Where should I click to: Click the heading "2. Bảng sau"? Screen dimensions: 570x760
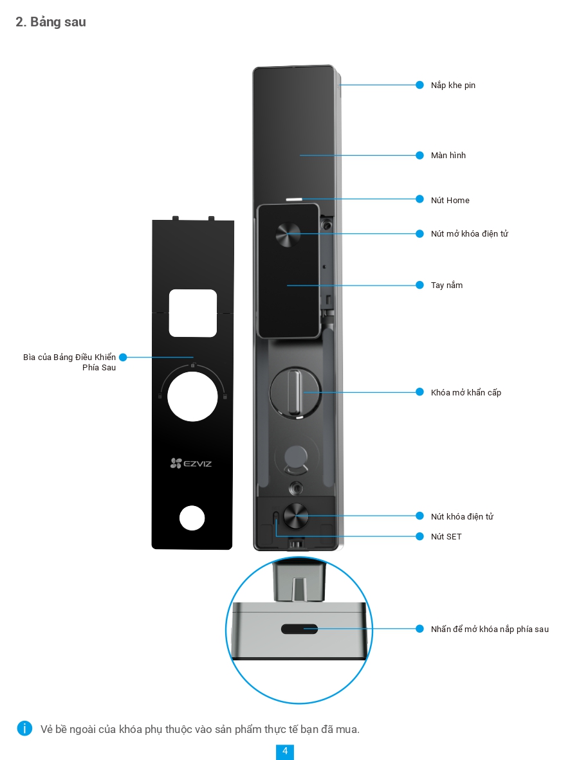(51, 22)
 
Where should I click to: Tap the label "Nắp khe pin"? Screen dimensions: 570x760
(453, 85)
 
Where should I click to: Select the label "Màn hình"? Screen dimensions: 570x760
(448, 155)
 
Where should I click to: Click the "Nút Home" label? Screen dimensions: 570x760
(450, 200)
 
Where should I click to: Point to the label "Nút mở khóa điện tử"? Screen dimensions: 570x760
(469, 233)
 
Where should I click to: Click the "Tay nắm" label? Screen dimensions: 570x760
(446, 285)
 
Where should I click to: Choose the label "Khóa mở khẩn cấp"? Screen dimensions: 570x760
(466, 392)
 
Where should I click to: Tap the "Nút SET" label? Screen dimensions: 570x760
(446, 536)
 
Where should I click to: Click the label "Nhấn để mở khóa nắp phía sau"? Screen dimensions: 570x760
(490, 629)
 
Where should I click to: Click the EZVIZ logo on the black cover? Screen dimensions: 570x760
(191, 463)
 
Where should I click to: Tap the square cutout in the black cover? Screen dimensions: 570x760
(192, 313)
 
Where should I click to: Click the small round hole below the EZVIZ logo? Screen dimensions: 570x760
(192, 518)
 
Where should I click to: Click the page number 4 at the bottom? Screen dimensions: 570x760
(284, 751)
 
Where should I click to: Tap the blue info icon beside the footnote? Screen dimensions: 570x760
(24, 728)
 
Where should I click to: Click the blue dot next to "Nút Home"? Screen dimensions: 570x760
(419, 200)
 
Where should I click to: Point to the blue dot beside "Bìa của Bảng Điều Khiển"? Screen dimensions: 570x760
(123, 357)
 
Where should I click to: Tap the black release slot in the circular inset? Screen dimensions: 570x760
(299, 629)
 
